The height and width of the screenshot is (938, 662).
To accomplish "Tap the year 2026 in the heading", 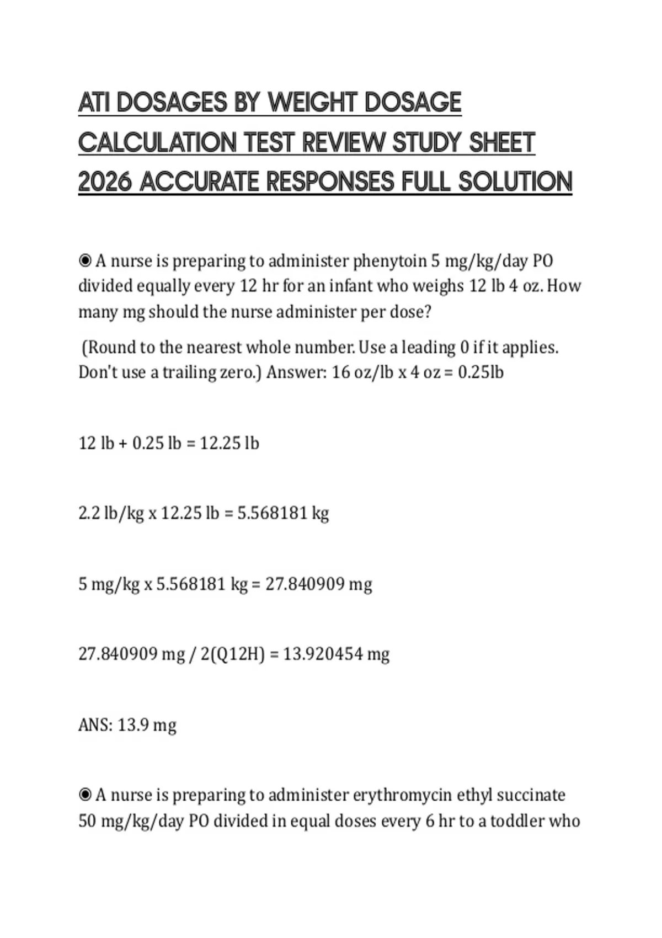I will [105, 182].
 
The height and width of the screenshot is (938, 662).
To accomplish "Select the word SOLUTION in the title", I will [515, 182].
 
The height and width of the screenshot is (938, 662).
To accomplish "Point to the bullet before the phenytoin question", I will [85, 260].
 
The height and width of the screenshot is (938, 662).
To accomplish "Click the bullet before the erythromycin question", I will [85, 795].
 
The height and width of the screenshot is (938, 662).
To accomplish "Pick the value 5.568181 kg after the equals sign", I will [283, 513].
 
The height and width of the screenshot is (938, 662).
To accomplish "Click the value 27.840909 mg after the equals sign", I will [318, 584].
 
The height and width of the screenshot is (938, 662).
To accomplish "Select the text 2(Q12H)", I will [232, 654].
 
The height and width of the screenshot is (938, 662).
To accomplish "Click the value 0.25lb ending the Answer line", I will [481, 372].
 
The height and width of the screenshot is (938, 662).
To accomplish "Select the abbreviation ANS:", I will [95, 724].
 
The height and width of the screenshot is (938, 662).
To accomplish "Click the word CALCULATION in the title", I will [157, 142].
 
